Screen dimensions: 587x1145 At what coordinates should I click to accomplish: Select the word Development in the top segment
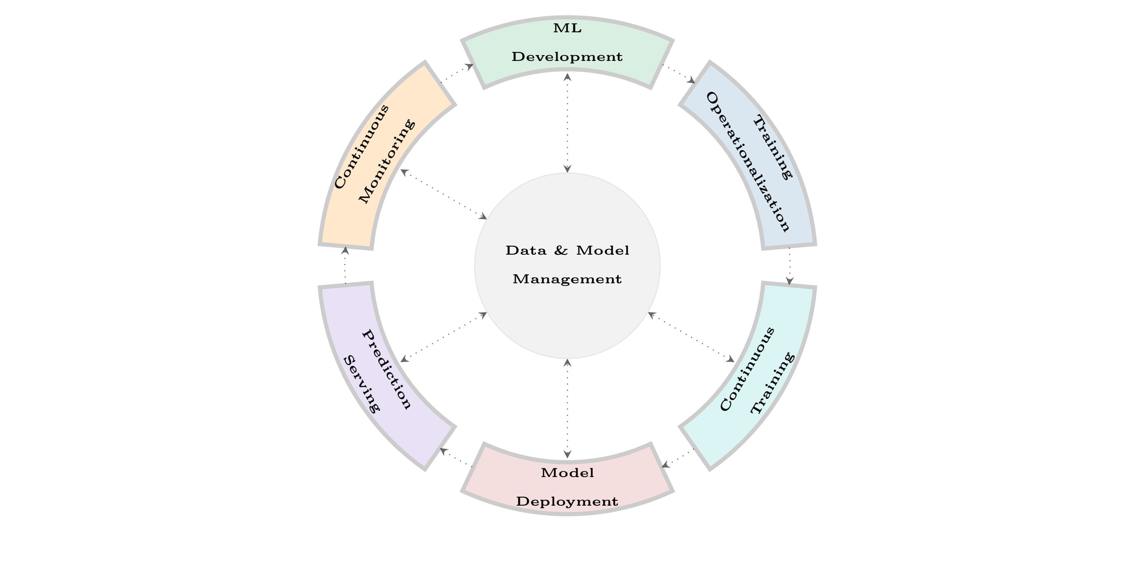point(567,57)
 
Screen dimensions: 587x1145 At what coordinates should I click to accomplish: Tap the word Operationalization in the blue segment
point(748,162)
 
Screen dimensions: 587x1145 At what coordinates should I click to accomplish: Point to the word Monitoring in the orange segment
point(387,161)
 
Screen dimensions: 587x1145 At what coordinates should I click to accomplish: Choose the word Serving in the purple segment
point(362,384)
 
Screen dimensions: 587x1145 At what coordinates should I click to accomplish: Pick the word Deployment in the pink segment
point(567,502)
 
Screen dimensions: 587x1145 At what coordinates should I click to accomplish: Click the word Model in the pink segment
point(567,473)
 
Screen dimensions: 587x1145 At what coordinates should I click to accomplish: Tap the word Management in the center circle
point(567,279)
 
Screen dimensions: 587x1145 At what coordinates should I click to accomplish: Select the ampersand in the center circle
point(561,251)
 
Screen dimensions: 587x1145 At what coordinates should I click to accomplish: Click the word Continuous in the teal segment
point(747,369)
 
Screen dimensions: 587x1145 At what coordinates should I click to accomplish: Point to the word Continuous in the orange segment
point(361,147)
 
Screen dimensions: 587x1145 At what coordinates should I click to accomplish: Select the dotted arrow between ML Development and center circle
point(567,123)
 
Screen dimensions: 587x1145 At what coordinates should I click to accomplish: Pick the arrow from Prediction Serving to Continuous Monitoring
point(345,265)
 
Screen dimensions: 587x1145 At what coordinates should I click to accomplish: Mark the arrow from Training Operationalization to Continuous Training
point(789,266)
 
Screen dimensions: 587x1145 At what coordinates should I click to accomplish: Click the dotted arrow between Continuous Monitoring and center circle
point(444,194)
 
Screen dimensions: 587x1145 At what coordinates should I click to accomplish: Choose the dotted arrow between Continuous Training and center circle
point(691,337)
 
